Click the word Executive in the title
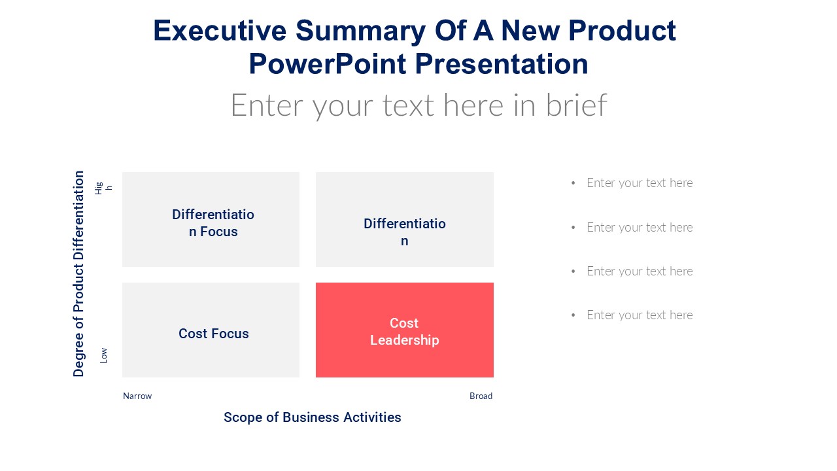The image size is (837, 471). pyautogui.click(x=220, y=31)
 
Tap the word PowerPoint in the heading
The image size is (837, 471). pyautogui.click(x=328, y=64)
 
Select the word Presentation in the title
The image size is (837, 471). pyautogui.click(x=502, y=64)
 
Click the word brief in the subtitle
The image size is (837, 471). pyautogui.click(x=577, y=105)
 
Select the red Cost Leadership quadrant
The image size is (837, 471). pyautogui.click(x=405, y=330)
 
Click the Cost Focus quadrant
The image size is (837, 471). pyautogui.click(x=211, y=330)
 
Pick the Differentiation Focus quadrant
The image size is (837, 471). pyautogui.click(x=211, y=219)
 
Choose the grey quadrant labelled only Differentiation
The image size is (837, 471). pyautogui.click(x=405, y=219)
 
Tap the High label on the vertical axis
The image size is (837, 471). pyautogui.click(x=103, y=188)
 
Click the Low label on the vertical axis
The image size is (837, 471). pyautogui.click(x=103, y=355)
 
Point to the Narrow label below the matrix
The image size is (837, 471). pyautogui.click(x=137, y=396)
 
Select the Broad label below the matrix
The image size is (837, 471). pyautogui.click(x=481, y=396)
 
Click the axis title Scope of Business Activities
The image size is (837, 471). pyautogui.click(x=313, y=417)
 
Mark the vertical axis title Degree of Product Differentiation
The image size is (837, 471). pyautogui.click(x=78, y=273)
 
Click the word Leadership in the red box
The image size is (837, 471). pyautogui.click(x=405, y=340)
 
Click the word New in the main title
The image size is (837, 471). pyautogui.click(x=530, y=31)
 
